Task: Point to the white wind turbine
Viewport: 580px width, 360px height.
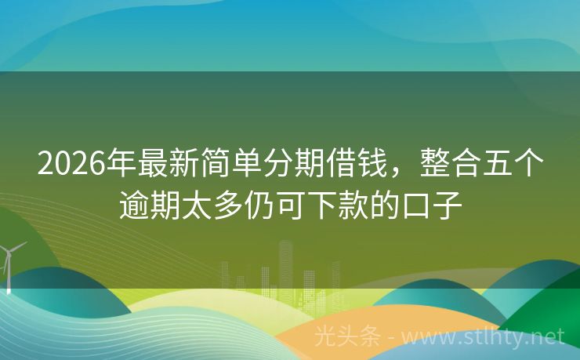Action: pyautogui.click(x=9, y=263)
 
